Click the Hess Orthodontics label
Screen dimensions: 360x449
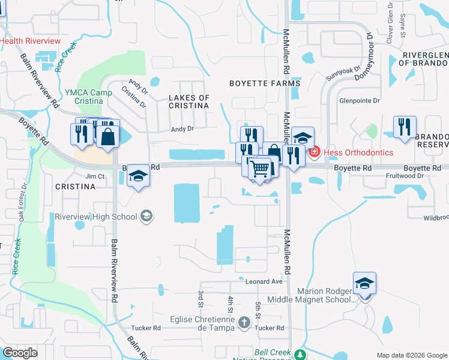click(x=358, y=152)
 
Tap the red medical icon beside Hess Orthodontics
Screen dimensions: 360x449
click(x=314, y=152)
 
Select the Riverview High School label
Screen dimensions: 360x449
click(x=96, y=217)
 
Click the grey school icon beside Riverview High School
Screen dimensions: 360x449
click(x=146, y=216)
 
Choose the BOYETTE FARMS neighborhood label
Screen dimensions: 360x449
click(x=265, y=84)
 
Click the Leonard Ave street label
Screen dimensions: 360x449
click(x=264, y=281)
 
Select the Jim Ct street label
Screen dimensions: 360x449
click(x=95, y=176)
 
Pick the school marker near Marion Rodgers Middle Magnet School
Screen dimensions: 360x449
click(x=364, y=283)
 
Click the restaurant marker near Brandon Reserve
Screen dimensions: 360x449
click(x=405, y=127)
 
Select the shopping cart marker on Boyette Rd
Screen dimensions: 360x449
click(x=259, y=169)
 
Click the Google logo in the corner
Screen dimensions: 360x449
click(x=20, y=352)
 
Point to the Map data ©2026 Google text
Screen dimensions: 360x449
click(x=411, y=355)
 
